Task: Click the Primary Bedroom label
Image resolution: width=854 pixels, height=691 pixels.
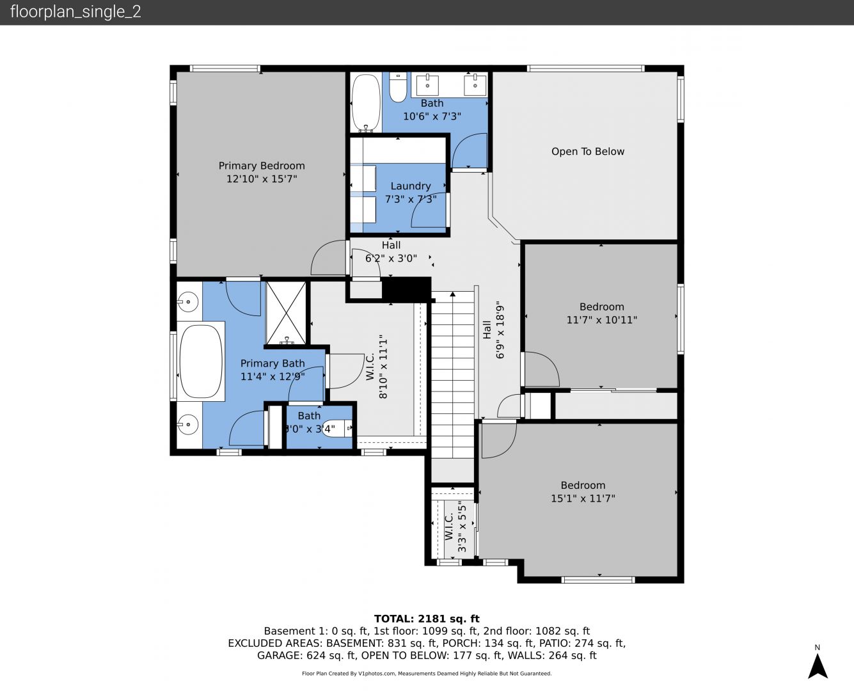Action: [x=262, y=166]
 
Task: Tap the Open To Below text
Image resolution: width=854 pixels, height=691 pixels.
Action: [x=587, y=152]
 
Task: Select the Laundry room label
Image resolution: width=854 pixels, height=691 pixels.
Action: [x=411, y=186]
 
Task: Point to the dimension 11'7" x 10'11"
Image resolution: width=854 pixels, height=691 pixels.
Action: [x=601, y=320]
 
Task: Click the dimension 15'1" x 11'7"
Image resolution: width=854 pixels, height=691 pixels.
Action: [x=583, y=498]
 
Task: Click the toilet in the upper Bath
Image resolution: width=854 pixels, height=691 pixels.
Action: [x=398, y=88]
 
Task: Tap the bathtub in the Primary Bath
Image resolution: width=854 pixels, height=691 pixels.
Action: [x=200, y=361]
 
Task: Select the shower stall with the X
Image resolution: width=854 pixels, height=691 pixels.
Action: [x=286, y=313]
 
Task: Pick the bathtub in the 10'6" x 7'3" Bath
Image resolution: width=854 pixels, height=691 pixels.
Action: [x=365, y=102]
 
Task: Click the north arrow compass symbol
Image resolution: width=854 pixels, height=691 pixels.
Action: [x=818, y=666]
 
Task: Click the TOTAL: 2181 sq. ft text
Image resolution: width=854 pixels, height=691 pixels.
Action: [x=427, y=619]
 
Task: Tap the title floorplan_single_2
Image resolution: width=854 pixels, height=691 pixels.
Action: [x=75, y=12]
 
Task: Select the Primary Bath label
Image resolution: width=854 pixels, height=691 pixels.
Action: [x=273, y=363]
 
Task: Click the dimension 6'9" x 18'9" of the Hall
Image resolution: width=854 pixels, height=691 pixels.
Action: [x=500, y=330]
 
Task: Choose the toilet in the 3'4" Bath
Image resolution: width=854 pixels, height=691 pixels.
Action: [x=336, y=429]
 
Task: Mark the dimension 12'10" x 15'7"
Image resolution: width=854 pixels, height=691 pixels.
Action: [x=262, y=179]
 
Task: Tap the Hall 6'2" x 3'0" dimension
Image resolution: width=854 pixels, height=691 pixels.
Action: [x=391, y=258]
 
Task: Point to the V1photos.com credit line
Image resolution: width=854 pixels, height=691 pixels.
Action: [x=427, y=674]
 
